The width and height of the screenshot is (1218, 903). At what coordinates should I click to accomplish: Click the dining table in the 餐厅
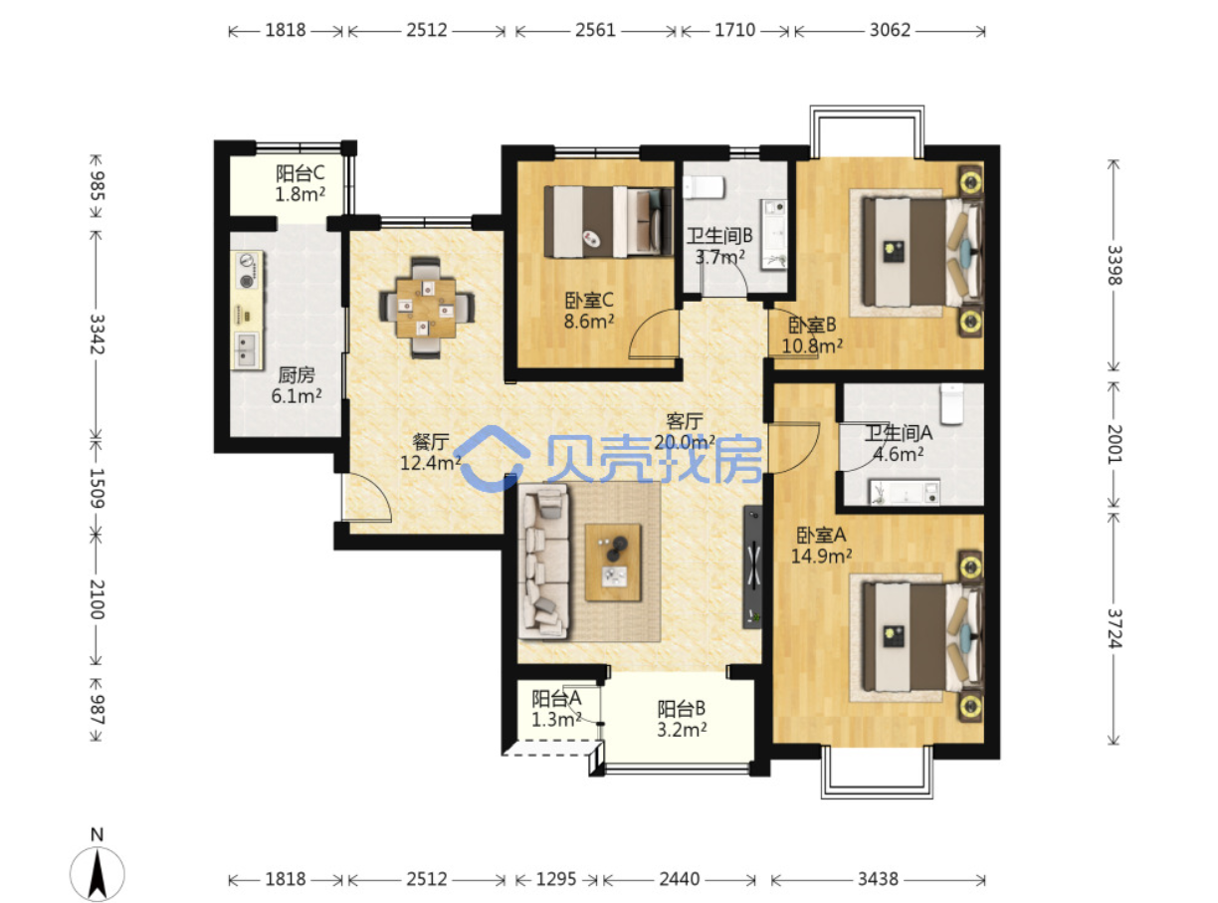pos(426,308)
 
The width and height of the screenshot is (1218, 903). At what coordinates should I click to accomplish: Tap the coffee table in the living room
pos(612,562)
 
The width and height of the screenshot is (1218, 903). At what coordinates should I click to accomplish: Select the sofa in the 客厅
pos(543,563)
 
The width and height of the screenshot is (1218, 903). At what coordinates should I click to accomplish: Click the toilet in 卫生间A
pos(951,404)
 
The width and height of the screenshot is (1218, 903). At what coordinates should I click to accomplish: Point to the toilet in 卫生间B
pos(704,187)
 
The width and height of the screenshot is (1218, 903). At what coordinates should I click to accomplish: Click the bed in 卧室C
pos(608,221)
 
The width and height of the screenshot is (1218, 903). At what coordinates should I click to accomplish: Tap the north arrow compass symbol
pos(98,873)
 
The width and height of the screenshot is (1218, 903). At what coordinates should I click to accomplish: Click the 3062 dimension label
pos(890,30)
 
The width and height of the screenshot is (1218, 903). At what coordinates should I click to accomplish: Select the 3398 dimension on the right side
pos(1114,265)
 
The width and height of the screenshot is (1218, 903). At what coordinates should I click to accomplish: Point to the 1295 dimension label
pos(555,879)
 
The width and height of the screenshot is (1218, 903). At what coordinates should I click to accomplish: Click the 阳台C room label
pos(300,173)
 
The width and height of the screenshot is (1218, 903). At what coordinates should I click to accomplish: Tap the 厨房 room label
pos(297,374)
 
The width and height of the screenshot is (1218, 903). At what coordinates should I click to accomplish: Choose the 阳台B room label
pos(681,709)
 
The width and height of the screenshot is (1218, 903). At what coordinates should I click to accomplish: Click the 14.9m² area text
pos(821,556)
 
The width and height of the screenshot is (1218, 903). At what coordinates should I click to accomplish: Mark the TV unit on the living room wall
pos(752,566)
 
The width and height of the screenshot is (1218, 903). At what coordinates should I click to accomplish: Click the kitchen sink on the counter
pos(247,350)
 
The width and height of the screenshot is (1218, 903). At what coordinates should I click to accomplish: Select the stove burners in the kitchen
pos(248,270)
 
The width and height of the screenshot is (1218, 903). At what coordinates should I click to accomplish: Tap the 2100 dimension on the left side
pos(97,599)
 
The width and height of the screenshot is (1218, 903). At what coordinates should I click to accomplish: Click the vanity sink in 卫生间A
pos(904,492)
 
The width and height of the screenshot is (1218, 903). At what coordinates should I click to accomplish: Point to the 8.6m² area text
pos(589,321)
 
